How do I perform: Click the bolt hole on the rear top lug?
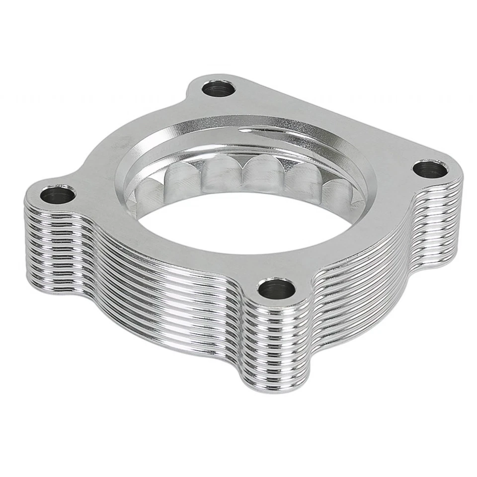[219, 90]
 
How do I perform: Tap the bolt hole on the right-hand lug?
[430, 169]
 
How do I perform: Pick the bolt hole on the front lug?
[277, 289]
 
